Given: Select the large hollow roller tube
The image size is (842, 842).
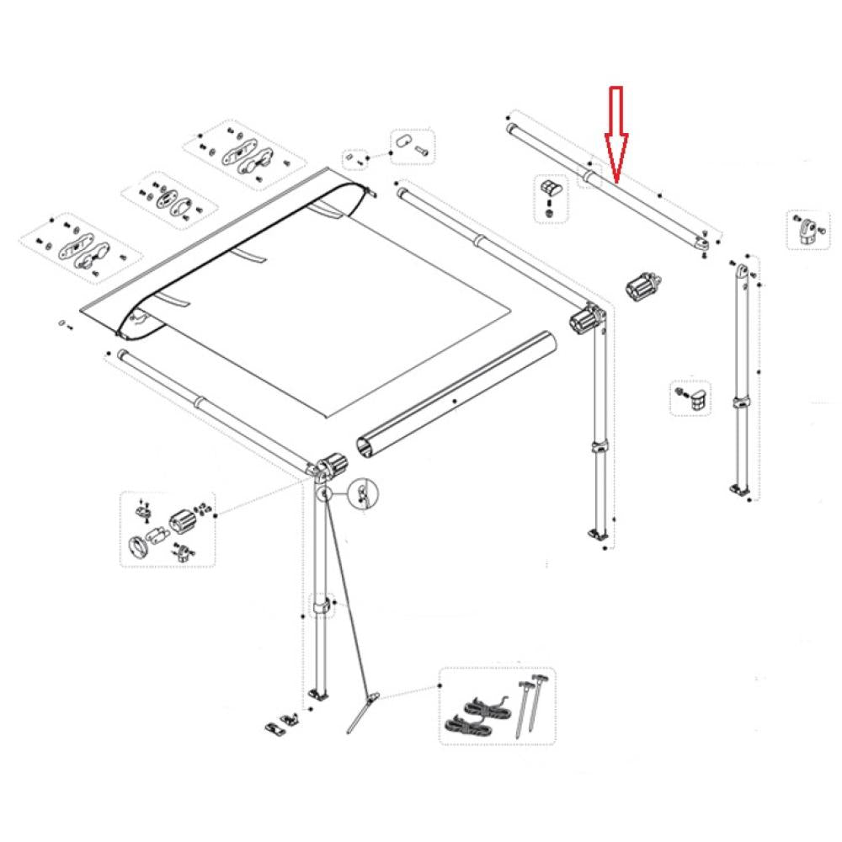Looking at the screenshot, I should (455, 396).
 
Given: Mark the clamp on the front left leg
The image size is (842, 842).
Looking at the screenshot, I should (321, 605).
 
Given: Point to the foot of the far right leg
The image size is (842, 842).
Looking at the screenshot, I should (740, 488).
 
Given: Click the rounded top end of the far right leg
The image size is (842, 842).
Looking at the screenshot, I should (743, 272).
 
